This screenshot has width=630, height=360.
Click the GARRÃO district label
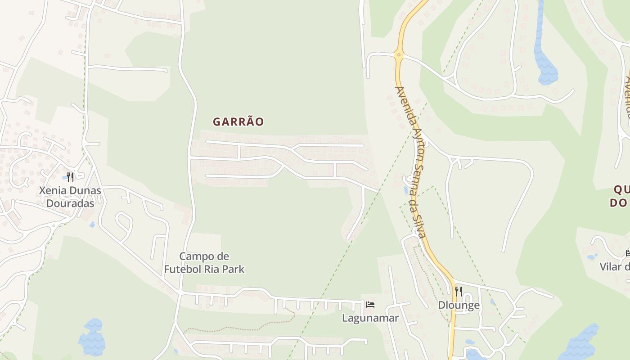coord(238,121)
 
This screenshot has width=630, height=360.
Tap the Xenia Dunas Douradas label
coord(70,197)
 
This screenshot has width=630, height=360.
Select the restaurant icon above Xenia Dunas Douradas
coord(70,177)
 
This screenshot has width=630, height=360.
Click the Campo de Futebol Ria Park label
coord(204,263)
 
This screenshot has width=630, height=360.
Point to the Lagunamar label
coord(370,318)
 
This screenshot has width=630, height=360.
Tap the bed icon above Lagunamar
coord(370,305)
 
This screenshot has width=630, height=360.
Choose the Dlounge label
coord(459,305)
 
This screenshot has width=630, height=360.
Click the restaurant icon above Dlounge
coord(459,292)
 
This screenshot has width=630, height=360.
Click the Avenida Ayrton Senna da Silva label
coord(410,162)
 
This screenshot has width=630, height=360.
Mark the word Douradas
coord(70,203)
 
